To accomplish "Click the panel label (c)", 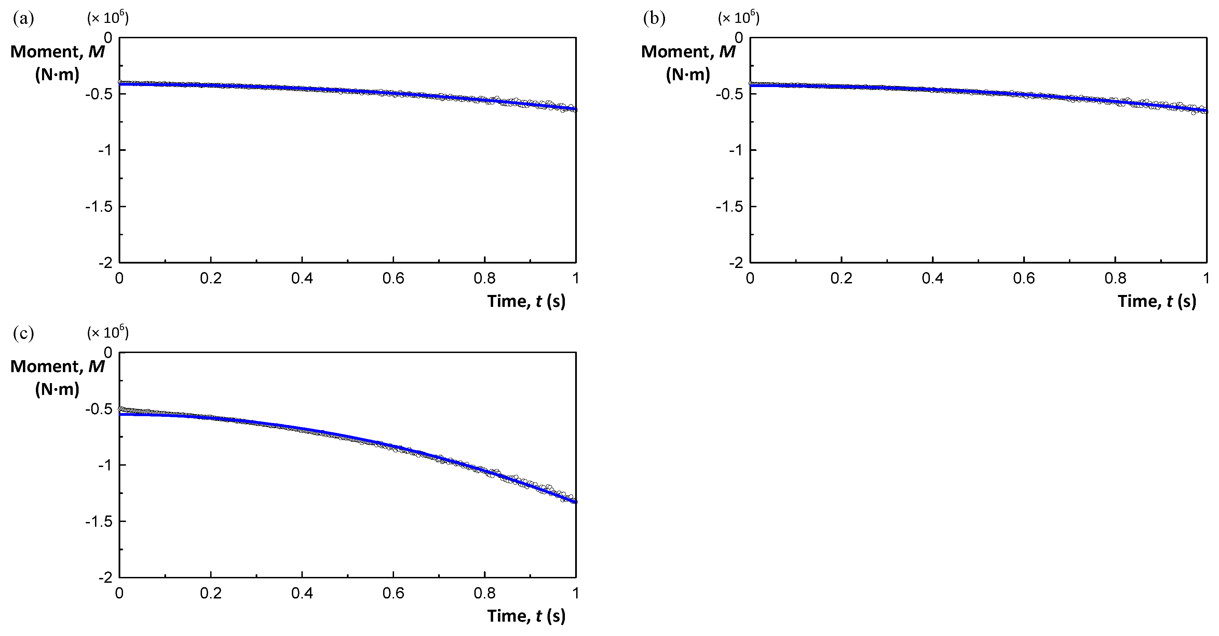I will tap(24, 334).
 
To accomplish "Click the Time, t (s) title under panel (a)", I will tap(526, 301).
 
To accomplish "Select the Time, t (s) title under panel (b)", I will tap(1157, 301).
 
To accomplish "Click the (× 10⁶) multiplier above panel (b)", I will tap(739, 18).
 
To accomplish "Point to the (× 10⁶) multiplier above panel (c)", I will tap(108, 333).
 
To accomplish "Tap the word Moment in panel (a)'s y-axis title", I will tap(46, 52).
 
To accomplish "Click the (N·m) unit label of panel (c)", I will tap(57, 389).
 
